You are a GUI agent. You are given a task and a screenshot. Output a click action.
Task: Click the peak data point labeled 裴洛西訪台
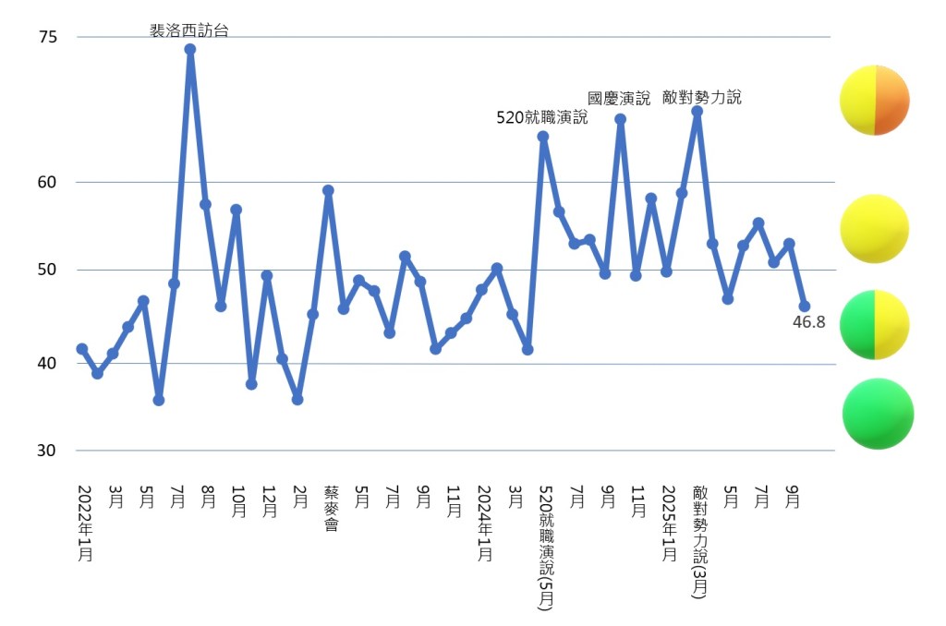pyautogui.click(x=189, y=50)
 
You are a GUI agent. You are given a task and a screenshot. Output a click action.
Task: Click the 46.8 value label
pyautogui.click(x=808, y=322)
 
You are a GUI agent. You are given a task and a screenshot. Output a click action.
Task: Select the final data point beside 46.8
pyautogui.click(x=804, y=307)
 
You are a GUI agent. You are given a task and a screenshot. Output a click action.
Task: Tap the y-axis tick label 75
pyautogui.click(x=48, y=38)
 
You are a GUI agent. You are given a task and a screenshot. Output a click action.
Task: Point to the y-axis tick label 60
pyautogui.click(x=48, y=182)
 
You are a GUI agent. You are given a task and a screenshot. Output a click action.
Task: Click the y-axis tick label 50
pyautogui.click(x=48, y=270)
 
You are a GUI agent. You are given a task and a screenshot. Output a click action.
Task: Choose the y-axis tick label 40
pyautogui.click(x=48, y=363)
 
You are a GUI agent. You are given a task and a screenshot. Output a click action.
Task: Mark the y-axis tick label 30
pyautogui.click(x=48, y=451)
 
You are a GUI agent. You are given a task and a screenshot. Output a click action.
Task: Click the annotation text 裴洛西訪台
pyautogui.click(x=189, y=30)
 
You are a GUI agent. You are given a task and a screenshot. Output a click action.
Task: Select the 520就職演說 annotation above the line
pyautogui.click(x=542, y=117)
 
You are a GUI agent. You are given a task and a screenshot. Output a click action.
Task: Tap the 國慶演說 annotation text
pyautogui.click(x=619, y=98)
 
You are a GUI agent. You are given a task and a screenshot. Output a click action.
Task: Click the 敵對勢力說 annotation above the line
pyautogui.click(x=702, y=97)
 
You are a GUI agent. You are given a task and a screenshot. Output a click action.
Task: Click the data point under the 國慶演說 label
pyautogui.click(x=620, y=119)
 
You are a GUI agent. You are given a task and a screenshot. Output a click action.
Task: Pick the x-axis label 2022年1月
pyautogui.click(x=84, y=523)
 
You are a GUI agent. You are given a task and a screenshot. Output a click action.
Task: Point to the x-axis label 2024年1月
pyautogui.click(x=484, y=523)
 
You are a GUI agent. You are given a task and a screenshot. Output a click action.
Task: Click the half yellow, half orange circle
pyautogui.click(x=874, y=101)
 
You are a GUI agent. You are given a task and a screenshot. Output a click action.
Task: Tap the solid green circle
pyautogui.click(x=878, y=414)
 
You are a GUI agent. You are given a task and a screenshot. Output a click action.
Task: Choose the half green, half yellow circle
pyautogui.click(x=874, y=324)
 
